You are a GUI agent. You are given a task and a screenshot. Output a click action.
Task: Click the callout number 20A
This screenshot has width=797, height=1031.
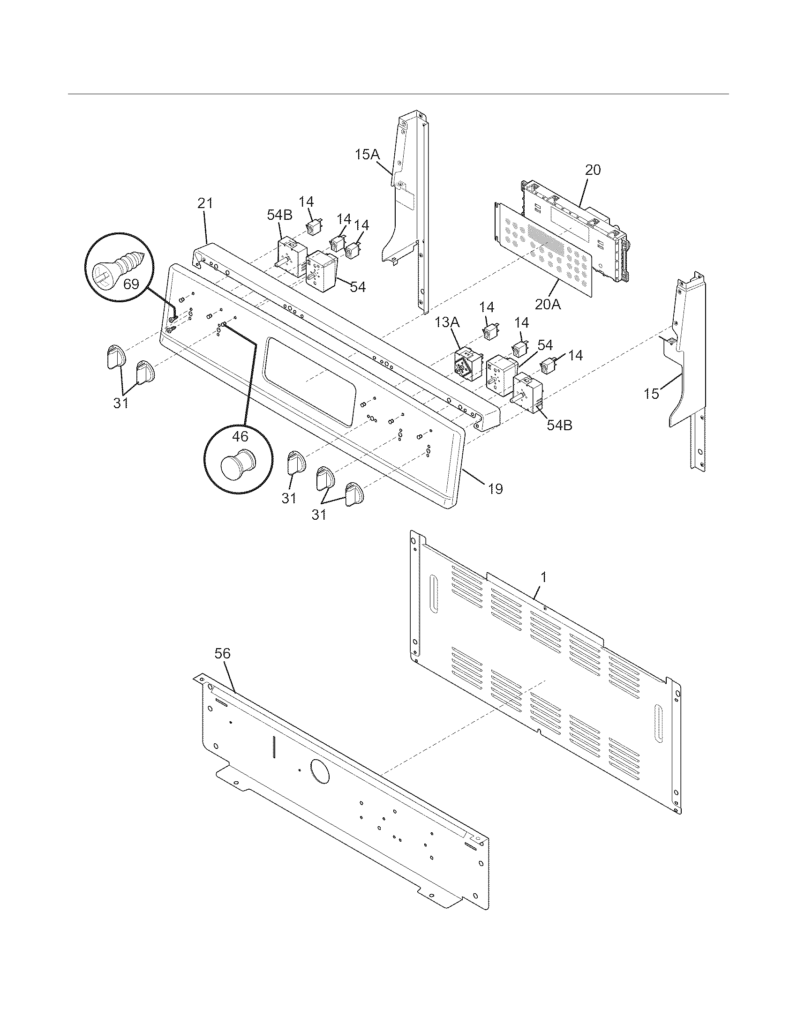point(548,305)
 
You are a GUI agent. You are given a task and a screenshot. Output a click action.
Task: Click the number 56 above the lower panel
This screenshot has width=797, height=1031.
point(222,653)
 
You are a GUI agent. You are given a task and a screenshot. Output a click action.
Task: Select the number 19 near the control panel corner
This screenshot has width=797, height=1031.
point(495,489)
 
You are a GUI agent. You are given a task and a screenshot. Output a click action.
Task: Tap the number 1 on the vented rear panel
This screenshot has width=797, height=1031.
point(543,576)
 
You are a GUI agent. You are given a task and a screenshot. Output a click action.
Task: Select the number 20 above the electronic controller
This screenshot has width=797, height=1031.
point(593,170)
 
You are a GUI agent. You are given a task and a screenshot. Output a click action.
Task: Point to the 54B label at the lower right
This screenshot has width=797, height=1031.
point(559,425)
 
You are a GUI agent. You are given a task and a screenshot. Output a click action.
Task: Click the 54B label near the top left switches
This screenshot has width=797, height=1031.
point(279,215)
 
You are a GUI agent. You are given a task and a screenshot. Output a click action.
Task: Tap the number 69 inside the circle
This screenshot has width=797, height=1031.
point(131,284)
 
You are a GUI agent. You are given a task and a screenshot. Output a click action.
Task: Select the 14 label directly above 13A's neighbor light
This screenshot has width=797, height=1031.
point(486,307)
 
